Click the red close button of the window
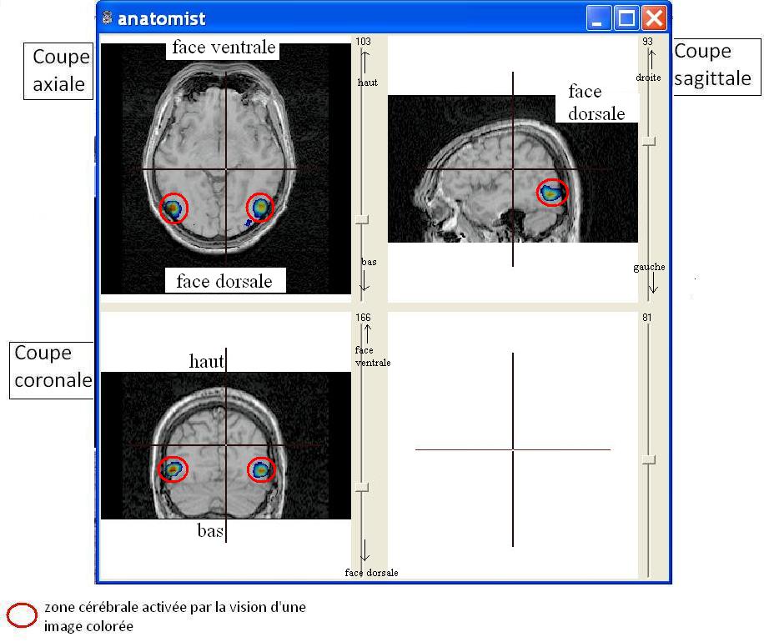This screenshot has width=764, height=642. (x=654, y=18)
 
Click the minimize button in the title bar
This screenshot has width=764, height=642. (x=598, y=18)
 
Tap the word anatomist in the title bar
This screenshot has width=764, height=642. (x=161, y=19)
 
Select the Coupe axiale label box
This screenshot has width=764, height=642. (x=58, y=71)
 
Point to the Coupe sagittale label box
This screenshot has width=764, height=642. (x=716, y=66)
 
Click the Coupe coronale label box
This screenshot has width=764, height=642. (x=52, y=370)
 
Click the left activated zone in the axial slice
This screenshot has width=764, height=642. (x=173, y=208)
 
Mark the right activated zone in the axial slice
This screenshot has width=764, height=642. (x=259, y=208)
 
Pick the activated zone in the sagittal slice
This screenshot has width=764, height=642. (x=552, y=192)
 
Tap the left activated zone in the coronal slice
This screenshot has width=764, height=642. (x=173, y=469)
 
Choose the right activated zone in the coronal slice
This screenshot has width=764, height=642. (x=261, y=470)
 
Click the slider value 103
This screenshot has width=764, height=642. (x=363, y=42)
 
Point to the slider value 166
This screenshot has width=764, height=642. (x=363, y=318)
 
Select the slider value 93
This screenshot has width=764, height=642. (x=647, y=42)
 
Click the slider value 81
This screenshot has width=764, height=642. (x=646, y=318)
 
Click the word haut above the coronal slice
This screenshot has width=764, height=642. (x=207, y=361)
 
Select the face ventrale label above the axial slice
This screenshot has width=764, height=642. (x=224, y=48)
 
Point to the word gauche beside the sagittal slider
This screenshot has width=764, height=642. (x=649, y=267)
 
